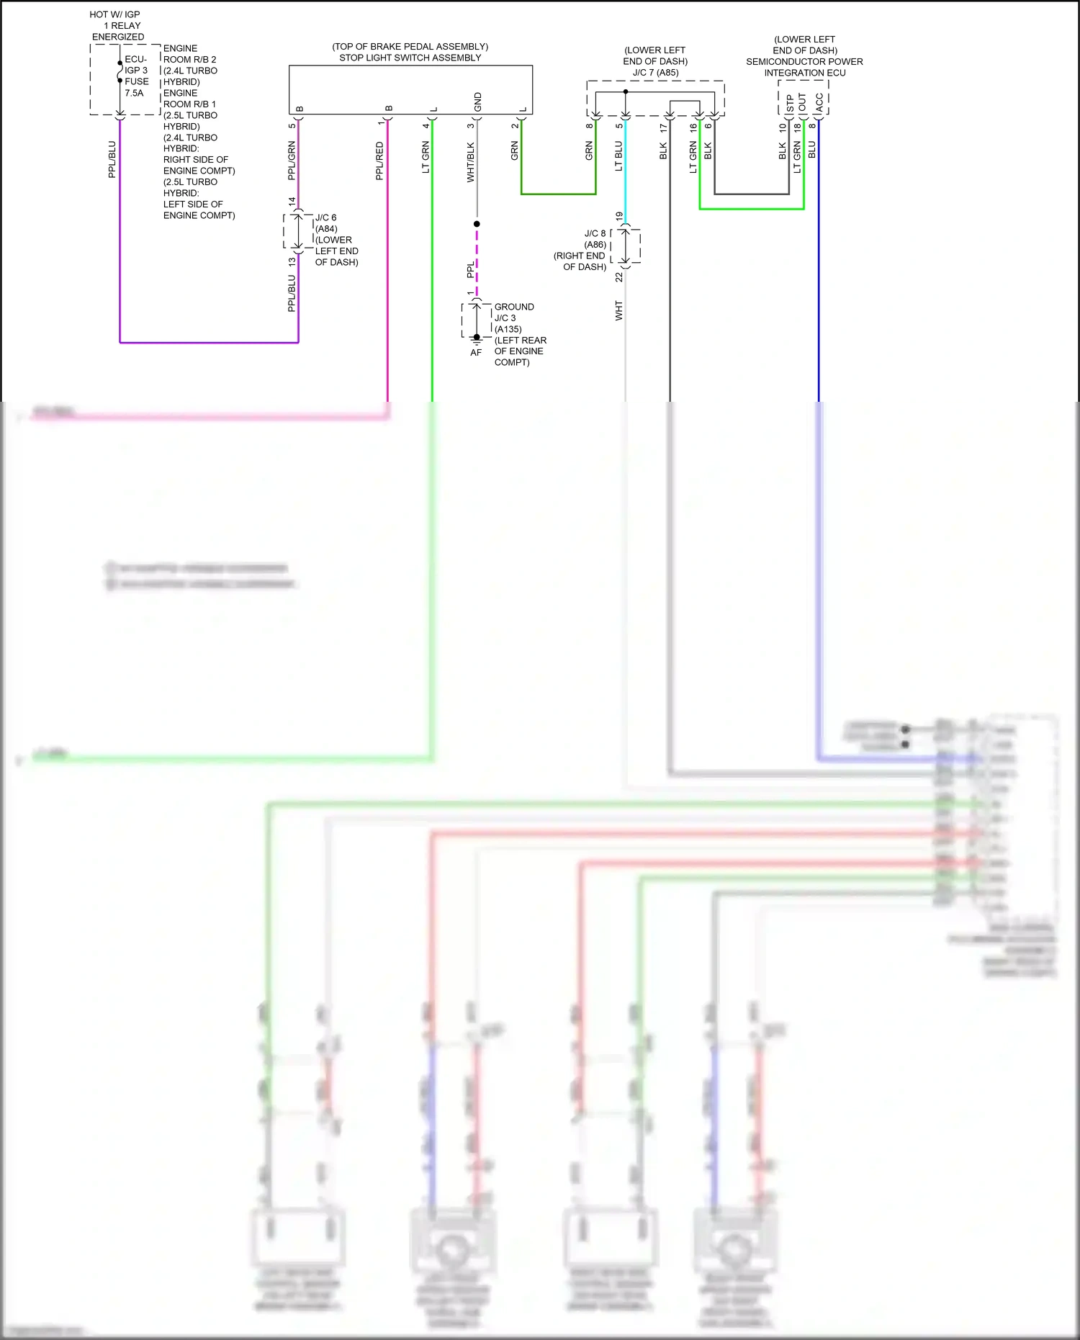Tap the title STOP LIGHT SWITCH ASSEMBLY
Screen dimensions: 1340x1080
pyautogui.click(x=410, y=58)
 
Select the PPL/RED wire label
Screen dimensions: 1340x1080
pyautogui.click(x=379, y=161)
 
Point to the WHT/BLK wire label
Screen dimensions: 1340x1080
pyautogui.click(x=470, y=162)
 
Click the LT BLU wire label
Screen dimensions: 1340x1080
pyautogui.click(x=618, y=156)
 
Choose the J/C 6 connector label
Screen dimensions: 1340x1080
pyautogui.click(x=325, y=217)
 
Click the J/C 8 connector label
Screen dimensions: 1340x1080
pyautogui.click(x=595, y=233)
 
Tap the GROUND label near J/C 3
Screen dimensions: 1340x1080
pyautogui.click(x=514, y=307)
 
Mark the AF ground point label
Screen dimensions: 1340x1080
pyautogui.click(x=476, y=353)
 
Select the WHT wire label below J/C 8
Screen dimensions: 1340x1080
pyautogui.click(x=618, y=310)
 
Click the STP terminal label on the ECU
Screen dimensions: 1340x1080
pyautogui.click(x=790, y=103)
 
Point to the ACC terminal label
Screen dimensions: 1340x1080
pyautogui.click(x=819, y=103)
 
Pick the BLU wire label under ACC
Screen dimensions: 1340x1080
pyautogui.click(x=812, y=150)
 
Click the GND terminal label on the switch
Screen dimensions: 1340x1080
pyautogui.click(x=478, y=102)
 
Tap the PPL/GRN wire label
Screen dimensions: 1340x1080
pyautogui.click(x=292, y=161)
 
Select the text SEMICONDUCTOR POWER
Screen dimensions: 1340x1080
pyautogui.click(x=804, y=62)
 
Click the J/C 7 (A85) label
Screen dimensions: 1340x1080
pyautogui.click(x=655, y=73)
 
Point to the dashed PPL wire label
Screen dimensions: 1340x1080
pyautogui.click(x=470, y=270)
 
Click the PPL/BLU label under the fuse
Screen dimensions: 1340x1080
pyautogui.click(x=112, y=159)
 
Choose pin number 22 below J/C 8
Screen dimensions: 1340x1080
pyautogui.click(x=618, y=277)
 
